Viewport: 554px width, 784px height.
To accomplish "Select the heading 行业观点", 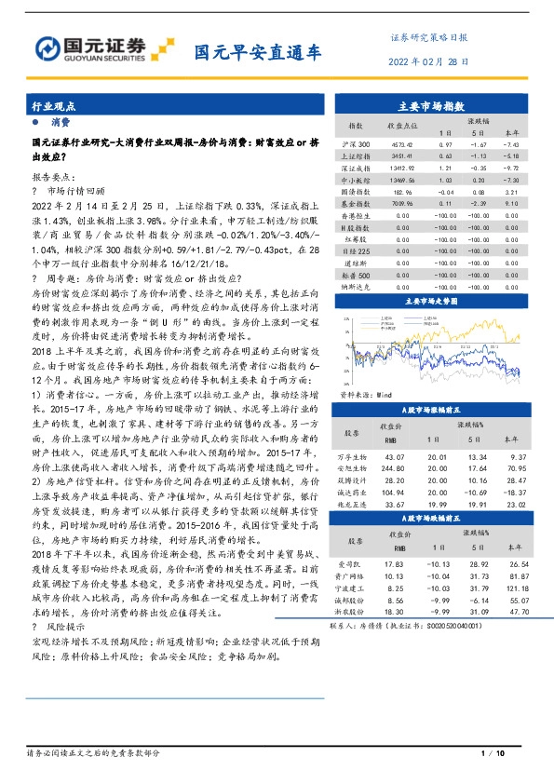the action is click(53, 108).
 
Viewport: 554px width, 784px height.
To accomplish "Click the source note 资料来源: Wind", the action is click(360, 393).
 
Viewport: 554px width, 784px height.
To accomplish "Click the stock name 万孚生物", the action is click(351, 457).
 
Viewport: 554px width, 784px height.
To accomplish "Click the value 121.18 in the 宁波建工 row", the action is click(511, 588).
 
